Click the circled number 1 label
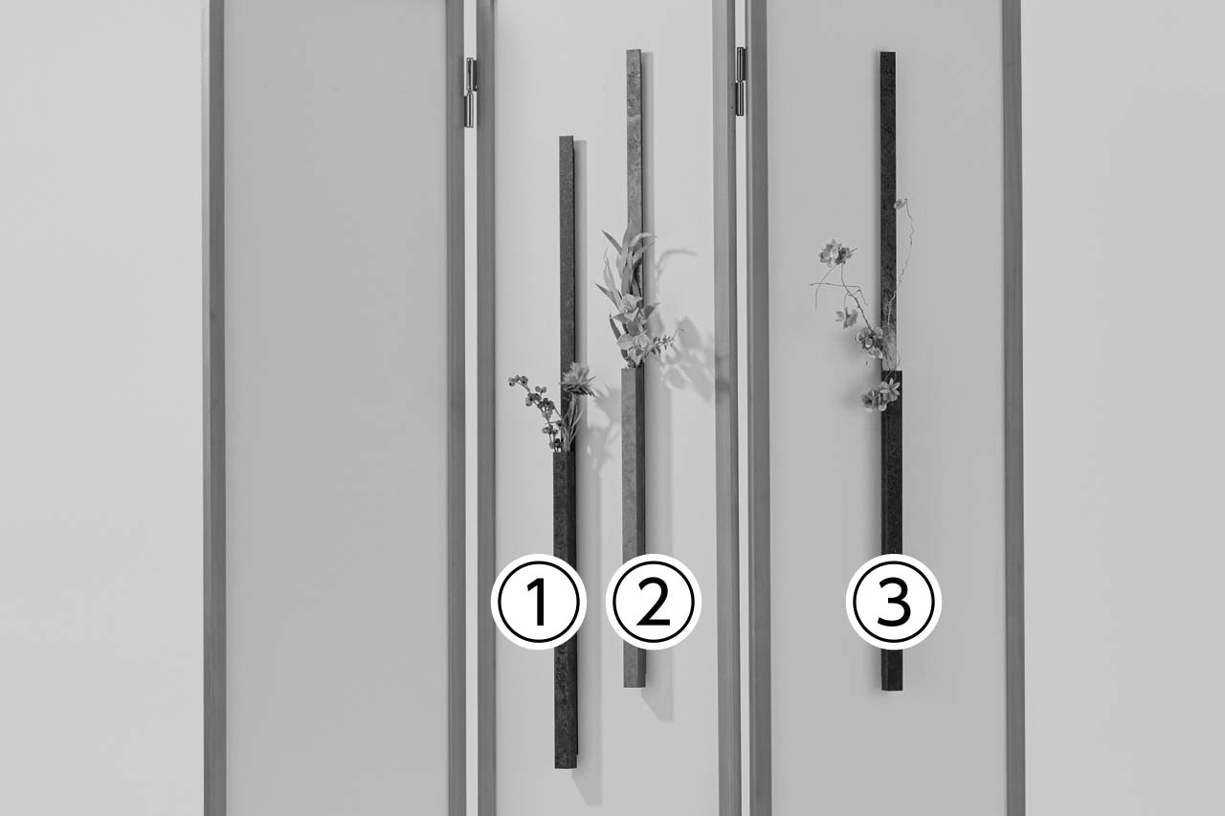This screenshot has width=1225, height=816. [539, 602]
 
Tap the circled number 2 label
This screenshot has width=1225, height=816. [654, 602]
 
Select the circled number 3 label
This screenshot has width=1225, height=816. [894, 602]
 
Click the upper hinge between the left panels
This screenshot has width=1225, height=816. [470, 93]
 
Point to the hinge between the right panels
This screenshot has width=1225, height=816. [741, 81]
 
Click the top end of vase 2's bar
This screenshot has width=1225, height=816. [634, 51]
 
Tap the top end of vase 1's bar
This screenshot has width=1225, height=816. [567, 137]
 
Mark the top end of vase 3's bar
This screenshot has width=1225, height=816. [887, 53]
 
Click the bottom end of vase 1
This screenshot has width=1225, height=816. [566, 765]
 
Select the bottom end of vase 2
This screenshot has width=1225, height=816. [635, 684]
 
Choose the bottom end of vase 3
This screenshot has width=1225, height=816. [891, 687]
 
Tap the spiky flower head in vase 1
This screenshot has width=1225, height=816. [577, 379]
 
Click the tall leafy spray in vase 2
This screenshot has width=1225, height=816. [629, 296]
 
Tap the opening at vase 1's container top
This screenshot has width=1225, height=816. [564, 452]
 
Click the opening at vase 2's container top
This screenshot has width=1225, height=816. [633, 369]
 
